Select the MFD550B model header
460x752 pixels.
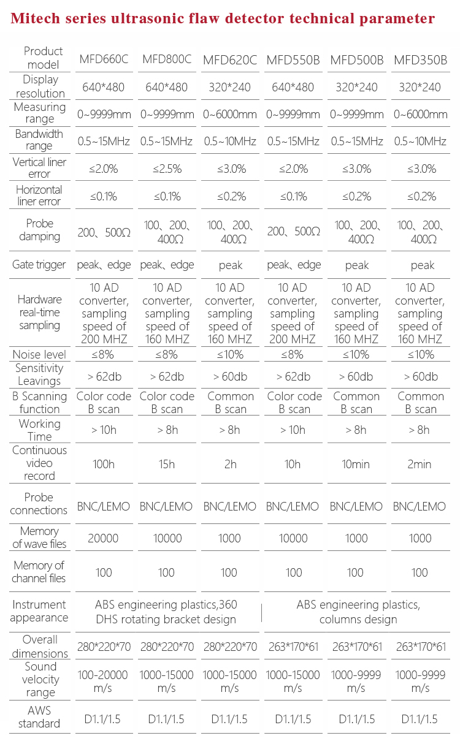click(x=293, y=60)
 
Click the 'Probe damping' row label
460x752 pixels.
click(x=40, y=230)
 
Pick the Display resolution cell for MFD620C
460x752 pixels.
click(x=229, y=87)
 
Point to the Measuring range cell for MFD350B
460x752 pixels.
click(x=420, y=114)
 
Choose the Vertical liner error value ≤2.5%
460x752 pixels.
click(x=166, y=169)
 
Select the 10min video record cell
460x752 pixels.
click(x=356, y=464)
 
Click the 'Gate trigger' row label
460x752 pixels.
click(x=40, y=265)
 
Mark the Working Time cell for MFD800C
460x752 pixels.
click(x=166, y=430)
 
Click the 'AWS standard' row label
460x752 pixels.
click(x=40, y=717)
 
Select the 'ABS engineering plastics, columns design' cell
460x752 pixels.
click(x=358, y=612)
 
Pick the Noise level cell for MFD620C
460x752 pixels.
click(x=229, y=354)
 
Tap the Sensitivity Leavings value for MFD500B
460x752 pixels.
click(x=356, y=376)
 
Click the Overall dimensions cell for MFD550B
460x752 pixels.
click(x=293, y=647)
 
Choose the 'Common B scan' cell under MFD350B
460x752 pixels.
click(x=420, y=403)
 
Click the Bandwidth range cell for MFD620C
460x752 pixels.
click(x=229, y=142)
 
